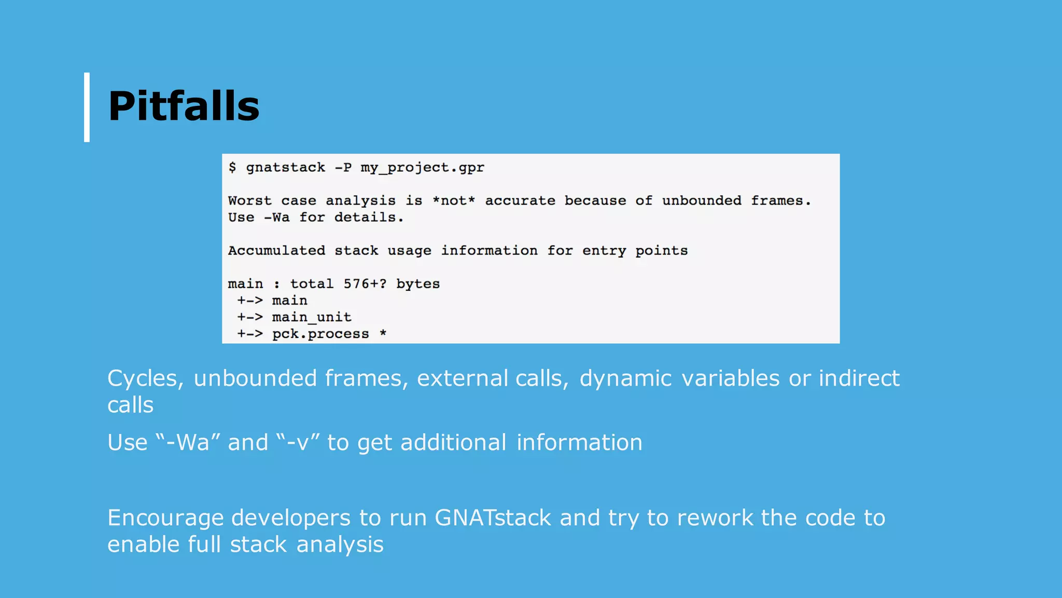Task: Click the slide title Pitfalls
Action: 184,106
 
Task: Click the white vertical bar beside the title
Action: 87,107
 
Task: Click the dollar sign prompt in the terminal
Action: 232,167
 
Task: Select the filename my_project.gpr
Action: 422,168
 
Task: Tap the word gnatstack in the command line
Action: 285,168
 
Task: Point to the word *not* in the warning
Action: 454,201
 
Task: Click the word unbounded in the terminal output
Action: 701,201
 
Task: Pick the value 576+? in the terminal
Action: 365,284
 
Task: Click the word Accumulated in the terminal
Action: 276,251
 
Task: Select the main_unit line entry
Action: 311,317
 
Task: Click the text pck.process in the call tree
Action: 320,334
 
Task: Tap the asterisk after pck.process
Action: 383,333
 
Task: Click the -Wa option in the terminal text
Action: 277,218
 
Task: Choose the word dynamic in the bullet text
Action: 625,378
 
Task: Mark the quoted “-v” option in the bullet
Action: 298,443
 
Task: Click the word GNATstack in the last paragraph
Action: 493,518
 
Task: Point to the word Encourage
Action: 164,518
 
